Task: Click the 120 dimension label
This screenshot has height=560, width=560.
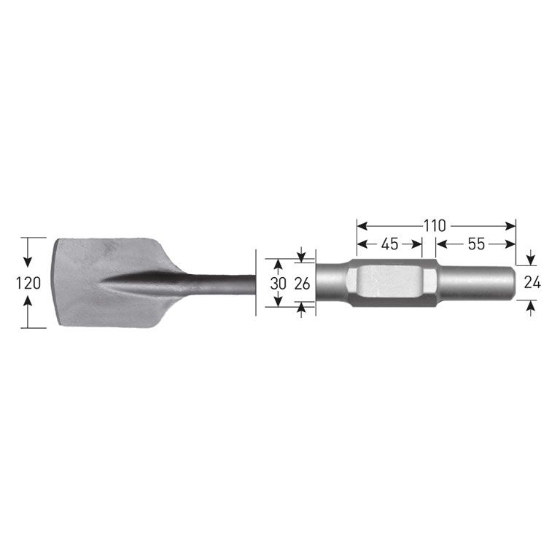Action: (28, 283)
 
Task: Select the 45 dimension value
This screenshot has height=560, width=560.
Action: (389, 244)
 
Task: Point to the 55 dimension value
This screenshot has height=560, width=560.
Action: (476, 244)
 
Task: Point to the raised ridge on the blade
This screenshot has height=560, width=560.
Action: (146, 282)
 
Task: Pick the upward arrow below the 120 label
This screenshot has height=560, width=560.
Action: (28, 306)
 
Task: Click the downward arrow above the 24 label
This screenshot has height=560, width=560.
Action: (532, 258)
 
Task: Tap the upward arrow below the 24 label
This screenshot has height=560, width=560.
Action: (532, 307)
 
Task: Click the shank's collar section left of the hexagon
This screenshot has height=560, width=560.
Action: (332, 283)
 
